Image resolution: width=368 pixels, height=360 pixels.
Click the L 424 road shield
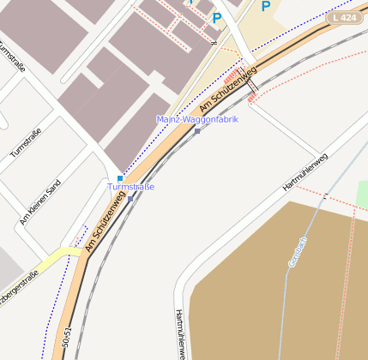[x=343, y=17]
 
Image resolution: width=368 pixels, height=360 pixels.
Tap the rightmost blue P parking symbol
[x=266, y=6]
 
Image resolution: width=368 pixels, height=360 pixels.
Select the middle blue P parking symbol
[x=217, y=17]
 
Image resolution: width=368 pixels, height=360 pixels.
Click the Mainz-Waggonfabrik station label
[x=197, y=119]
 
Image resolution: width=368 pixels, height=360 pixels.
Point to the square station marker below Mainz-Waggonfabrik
[x=197, y=131]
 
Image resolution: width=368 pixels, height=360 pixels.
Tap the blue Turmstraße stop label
[x=130, y=187]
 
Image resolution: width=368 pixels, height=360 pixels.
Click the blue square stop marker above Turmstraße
[x=119, y=178]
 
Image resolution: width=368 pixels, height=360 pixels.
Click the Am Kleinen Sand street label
[x=40, y=202]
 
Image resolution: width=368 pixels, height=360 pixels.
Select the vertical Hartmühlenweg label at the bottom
[x=180, y=333]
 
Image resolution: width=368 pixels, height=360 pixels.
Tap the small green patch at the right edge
[x=362, y=194]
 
